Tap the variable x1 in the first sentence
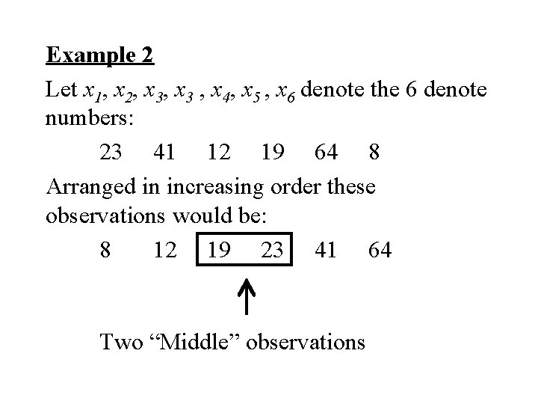click(x=93, y=91)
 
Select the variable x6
click(x=285, y=91)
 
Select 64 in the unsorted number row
click(x=327, y=153)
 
